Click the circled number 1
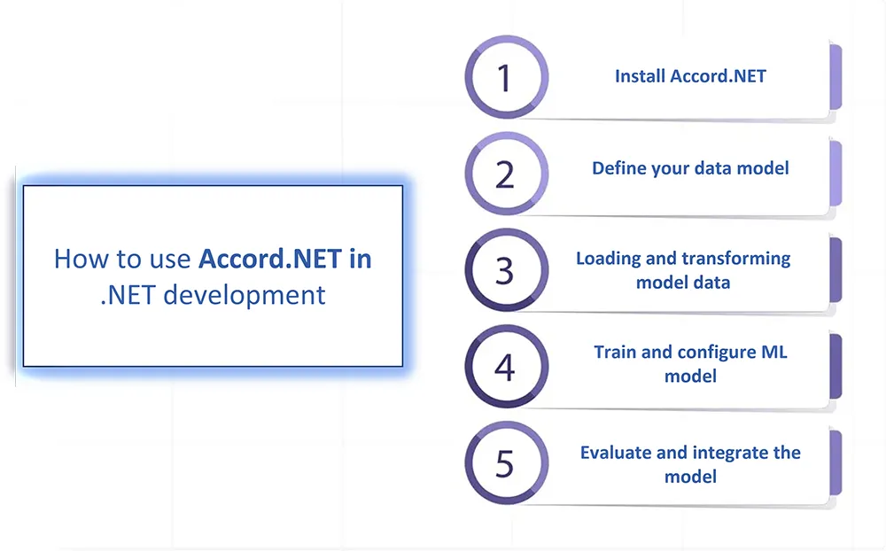coord(506,77)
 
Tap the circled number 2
coord(506,174)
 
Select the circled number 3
coord(506,270)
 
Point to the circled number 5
coord(506,462)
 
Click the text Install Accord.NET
coord(690,75)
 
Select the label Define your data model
coord(690,168)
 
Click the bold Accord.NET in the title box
coord(270,259)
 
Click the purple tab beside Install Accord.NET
coord(835,77)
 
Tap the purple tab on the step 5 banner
coord(835,462)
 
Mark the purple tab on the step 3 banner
coord(835,270)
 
